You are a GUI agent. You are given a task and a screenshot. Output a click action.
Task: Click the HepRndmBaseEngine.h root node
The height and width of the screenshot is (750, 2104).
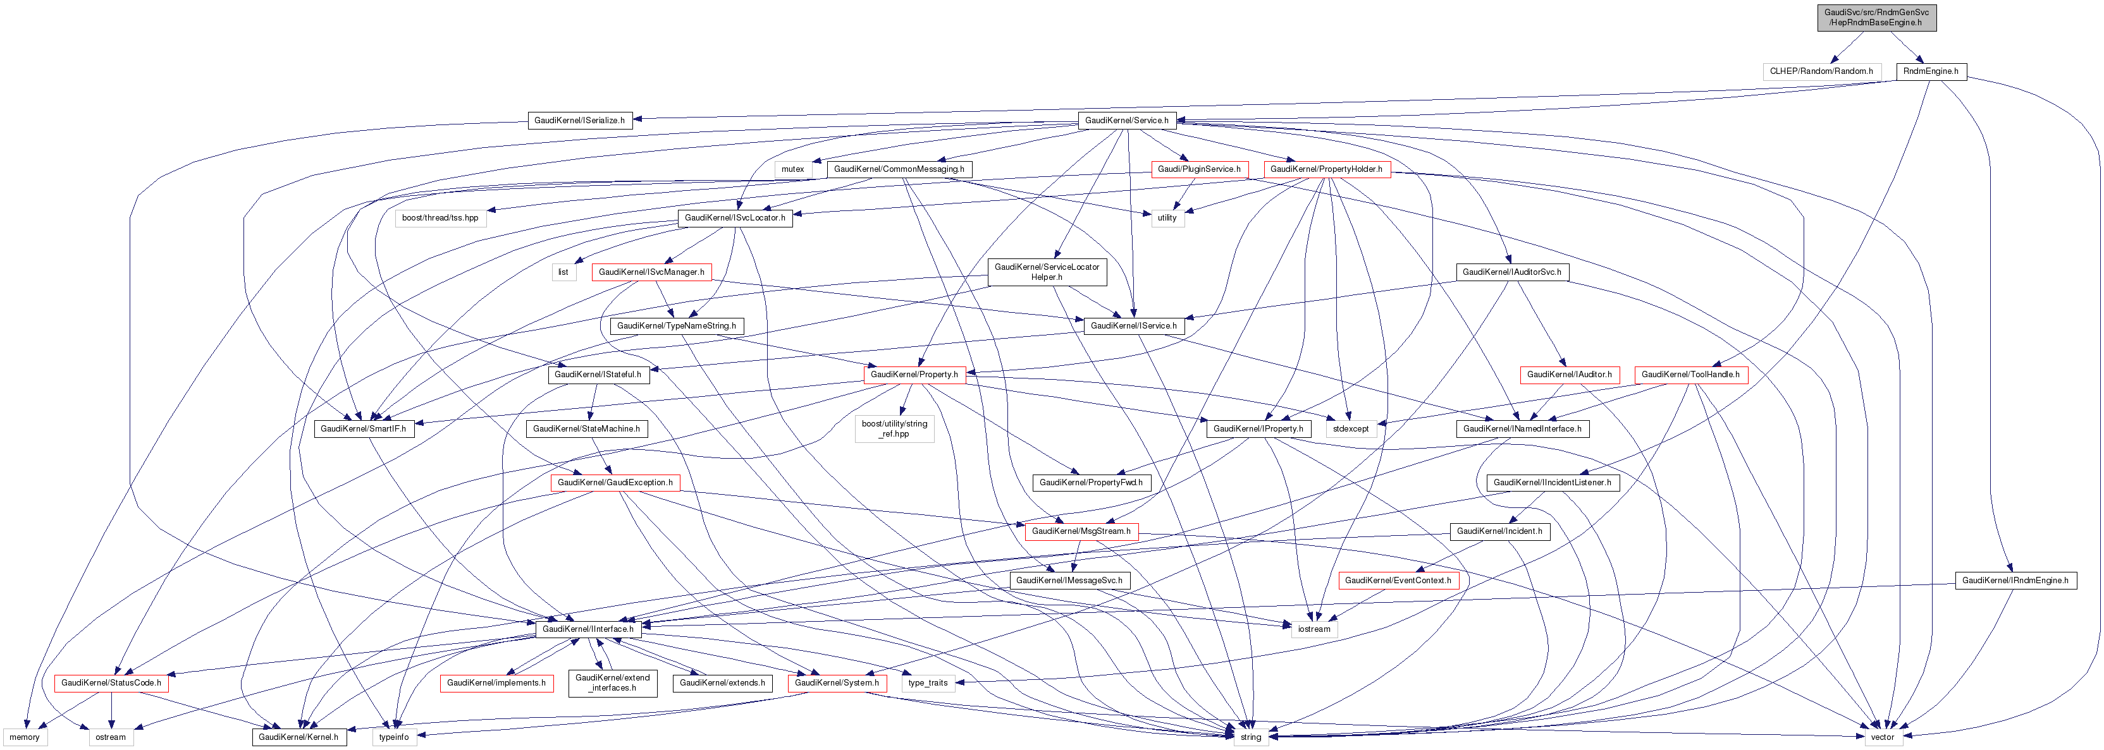pos(1876,17)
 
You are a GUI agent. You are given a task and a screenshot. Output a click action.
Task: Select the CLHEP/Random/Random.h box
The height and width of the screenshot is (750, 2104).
pos(1821,71)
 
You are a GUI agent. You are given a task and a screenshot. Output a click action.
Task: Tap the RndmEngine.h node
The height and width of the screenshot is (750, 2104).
pos(1930,71)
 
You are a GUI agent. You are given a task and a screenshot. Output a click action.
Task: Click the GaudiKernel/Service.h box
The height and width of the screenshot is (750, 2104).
pos(1126,120)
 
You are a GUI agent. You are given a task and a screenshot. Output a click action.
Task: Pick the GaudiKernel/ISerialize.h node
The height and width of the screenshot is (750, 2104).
pos(579,120)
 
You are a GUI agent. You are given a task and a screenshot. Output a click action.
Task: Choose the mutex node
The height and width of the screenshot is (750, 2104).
pos(792,169)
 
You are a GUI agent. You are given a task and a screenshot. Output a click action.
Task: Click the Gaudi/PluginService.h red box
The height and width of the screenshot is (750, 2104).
pos(1198,169)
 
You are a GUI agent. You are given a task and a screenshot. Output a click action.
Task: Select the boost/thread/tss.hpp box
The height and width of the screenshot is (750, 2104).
pos(440,218)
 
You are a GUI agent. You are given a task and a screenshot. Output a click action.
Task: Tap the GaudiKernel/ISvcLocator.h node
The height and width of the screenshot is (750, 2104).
pos(734,218)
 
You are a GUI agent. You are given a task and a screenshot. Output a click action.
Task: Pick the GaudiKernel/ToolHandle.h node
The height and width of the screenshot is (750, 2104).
pos(1690,375)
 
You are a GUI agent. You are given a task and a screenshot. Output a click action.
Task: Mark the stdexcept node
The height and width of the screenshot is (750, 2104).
pos(1350,428)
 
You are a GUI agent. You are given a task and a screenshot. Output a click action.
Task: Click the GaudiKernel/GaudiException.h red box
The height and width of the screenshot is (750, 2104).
pos(614,482)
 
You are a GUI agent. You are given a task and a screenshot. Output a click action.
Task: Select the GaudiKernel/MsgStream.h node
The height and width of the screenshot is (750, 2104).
pos(1081,531)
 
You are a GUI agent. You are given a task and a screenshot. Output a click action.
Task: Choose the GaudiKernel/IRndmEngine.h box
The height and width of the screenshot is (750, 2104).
pos(2015,580)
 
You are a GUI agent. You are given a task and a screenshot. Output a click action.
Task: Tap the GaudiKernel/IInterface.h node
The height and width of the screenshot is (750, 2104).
pos(588,629)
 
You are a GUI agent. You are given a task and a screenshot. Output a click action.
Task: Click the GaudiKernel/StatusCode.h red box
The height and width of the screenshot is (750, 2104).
pos(111,683)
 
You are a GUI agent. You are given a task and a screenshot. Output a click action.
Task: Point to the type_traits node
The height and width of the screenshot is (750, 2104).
pos(927,683)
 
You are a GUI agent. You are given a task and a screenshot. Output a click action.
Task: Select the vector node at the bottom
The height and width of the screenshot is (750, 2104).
pos(1882,737)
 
